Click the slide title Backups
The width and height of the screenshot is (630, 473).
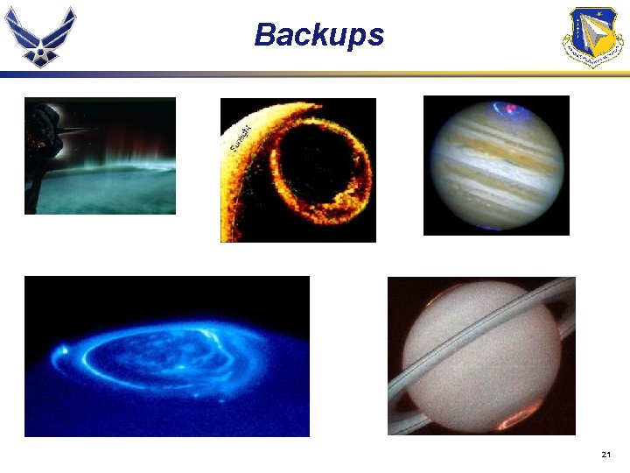coord(318,35)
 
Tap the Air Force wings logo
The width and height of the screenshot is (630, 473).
coord(41,37)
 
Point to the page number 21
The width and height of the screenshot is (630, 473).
coord(606,455)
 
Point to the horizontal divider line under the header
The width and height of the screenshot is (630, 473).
coord(315,75)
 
